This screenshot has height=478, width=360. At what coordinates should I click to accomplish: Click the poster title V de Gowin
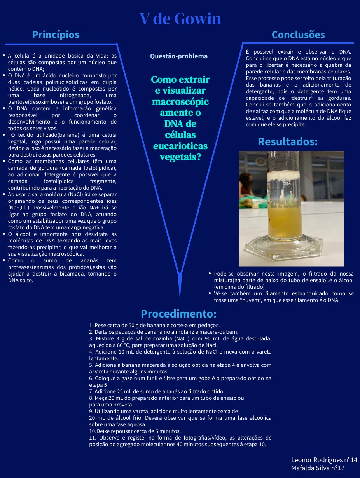click(180, 19)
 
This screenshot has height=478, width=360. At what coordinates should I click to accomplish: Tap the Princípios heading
click(56, 35)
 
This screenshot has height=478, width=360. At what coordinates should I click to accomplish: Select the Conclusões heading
click(298, 35)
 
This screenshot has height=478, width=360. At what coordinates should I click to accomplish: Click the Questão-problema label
click(179, 56)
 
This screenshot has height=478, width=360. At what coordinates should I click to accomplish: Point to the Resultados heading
click(288, 142)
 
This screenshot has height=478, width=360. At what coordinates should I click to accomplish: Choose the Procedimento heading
click(178, 314)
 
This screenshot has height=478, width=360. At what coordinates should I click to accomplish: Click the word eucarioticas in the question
click(180, 146)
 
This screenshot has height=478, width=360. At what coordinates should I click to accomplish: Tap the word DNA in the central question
click(180, 124)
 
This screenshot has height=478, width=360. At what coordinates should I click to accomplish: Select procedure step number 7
click(91, 391)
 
